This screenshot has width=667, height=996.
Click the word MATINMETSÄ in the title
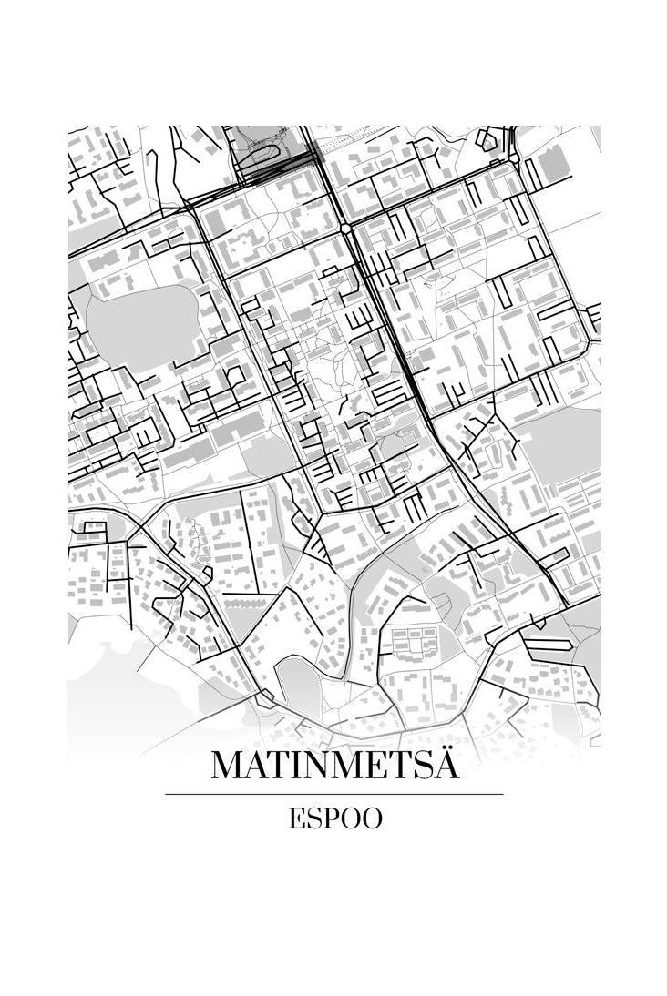point(334,765)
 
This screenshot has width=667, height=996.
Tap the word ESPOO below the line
point(334,818)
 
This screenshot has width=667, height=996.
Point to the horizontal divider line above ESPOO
point(334,794)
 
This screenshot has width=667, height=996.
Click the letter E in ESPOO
point(295,818)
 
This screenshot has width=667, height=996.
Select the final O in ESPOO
point(372,818)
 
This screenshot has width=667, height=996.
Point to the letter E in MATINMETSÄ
point(371,766)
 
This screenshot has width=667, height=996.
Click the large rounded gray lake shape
point(143,326)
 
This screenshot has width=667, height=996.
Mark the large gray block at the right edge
point(560,446)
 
